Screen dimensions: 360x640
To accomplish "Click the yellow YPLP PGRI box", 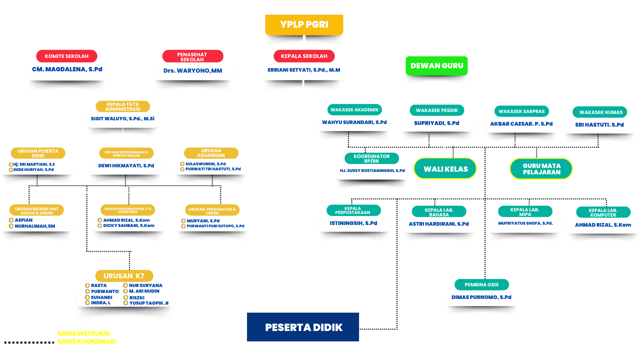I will pyautogui.click(x=304, y=25).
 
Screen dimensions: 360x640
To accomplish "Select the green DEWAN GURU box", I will pyautogui.click(x=437, y=66).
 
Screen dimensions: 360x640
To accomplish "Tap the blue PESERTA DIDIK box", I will pyautogui.click(x=303, y=327).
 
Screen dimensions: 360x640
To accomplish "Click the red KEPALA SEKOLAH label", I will pyautogui.click(x=304, y=56).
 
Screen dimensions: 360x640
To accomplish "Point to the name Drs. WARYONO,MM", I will pyautogui.click(x=193, y=71).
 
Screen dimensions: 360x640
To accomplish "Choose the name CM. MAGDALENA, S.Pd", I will pyautogui.click(x=67, y=69).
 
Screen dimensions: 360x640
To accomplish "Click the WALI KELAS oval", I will pyautogui.click(x=445, y=169).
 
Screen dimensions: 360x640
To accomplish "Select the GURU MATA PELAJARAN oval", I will pyautogui.click(x=541, y=169).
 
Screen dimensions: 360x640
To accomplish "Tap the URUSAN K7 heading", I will pyautogui.click(x=124, y=276).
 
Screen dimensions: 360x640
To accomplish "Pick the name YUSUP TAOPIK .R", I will pyautogui.click(x=149, y=303).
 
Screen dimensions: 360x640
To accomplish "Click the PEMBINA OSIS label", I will pyautogui.click(x=482, y=285).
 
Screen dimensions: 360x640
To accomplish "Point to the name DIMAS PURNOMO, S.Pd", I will pyautogui.click(x=481, y=297).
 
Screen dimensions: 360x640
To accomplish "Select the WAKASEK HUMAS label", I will pyautogui.click(x=601, y=112).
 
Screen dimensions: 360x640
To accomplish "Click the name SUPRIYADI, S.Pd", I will pyautogui.click(x=437, y=123).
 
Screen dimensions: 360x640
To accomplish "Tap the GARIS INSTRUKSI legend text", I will pyautogui.click(x=83, y=333).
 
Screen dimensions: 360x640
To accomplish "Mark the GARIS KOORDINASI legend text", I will pyautogui.click(x=86, y=341).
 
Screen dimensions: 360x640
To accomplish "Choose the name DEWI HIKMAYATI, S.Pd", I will pyautogui.click(x=126, y=166).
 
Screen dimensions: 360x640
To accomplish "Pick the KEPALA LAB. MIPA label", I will pyautogui.click(x=525, y=212).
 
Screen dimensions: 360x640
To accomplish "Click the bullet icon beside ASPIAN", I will pyautogui.click(x=11, y=220).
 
